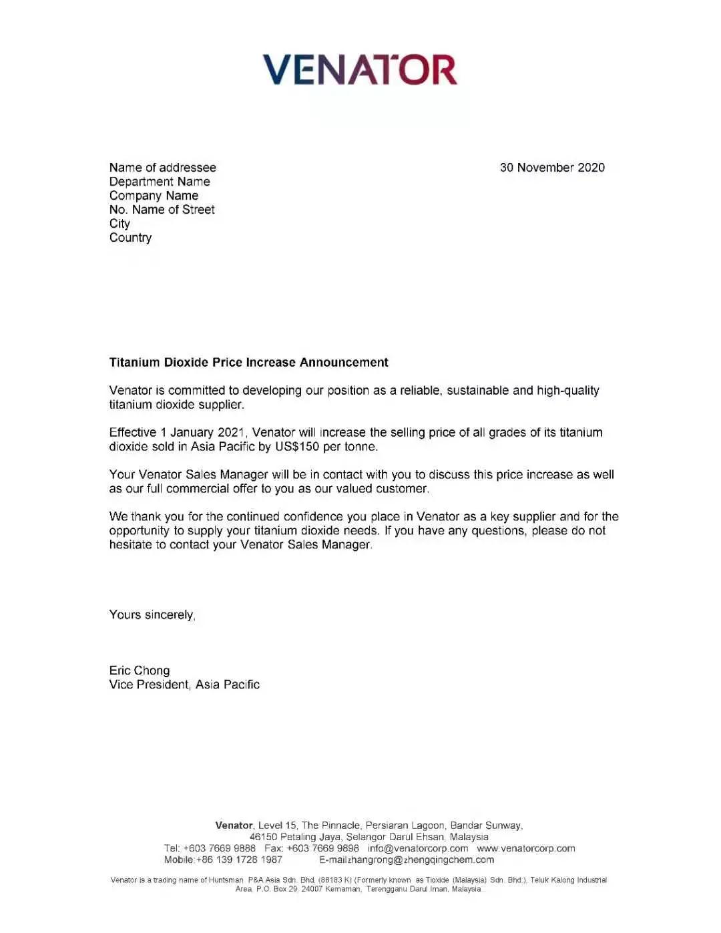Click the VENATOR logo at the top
(x=360, y=70)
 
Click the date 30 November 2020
(x=552, y=168)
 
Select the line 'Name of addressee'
(x=162, y=168)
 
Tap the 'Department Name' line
(x=160, y=182)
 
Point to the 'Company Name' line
(x=154, y=196)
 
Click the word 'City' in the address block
(x=119, y=224)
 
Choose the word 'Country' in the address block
(x=130, y=238)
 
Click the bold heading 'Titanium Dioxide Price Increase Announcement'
(x=248, y=363)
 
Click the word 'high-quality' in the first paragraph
(x=567, y=391)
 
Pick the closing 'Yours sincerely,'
(x=152, y=615)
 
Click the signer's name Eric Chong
(x=140, y=671)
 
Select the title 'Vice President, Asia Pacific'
(x=184, y=685)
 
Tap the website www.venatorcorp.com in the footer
(x=525, y=848)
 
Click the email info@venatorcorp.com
(x=418, y=848)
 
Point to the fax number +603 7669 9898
(x=322, y=848)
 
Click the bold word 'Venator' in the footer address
(x=234, y=825)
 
